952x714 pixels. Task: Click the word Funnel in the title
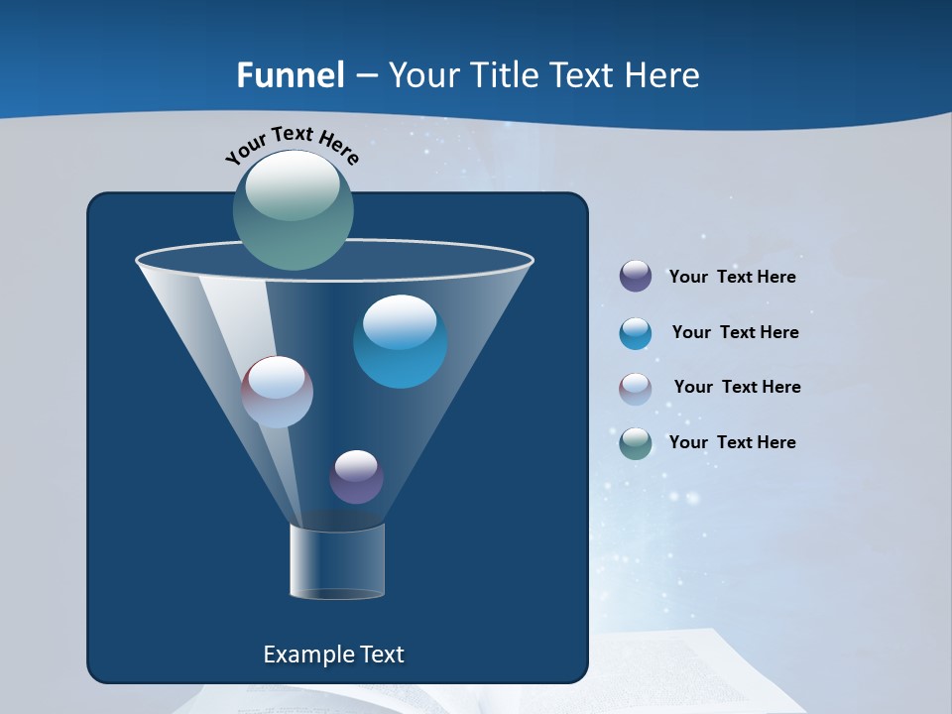(x=290, y=75)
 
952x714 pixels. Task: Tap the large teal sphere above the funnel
(x=294, y=210)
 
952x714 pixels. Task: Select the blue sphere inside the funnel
(x=400, y=342)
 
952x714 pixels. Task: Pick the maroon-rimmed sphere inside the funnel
(x=277, y=392)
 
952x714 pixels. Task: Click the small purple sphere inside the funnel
(x=356, y=477)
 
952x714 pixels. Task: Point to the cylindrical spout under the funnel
(x=336, y=562)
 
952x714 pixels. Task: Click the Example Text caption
(x=333, y=654)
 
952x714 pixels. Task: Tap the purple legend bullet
(x=636, y=277)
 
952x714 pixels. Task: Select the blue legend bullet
(x=636, y=333)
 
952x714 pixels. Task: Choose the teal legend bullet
(x=636, y=443)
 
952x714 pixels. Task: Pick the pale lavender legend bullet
(x=636, y=389)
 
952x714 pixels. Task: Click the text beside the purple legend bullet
(x=732, y=278)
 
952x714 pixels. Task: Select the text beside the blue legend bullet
(x=735, y=333)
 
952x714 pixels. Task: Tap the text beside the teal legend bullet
(x=732, y=442)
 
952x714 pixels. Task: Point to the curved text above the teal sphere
(x=292, y=142)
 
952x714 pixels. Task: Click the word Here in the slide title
(x=661, y=75)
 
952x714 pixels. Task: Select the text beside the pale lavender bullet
(x=737, y=388)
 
